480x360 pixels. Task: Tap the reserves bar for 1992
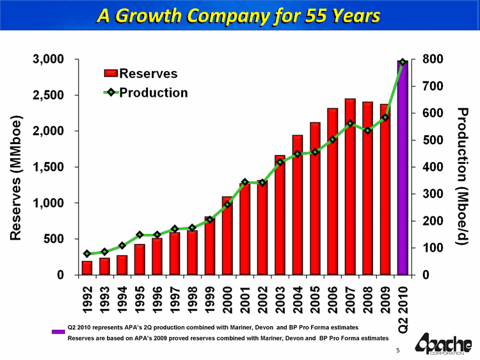pos(87,268)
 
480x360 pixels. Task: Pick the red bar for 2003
pos(280,218)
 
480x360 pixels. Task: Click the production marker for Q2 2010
pos(403,62)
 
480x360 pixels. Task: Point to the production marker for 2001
pos(244,183)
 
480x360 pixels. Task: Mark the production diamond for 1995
pos(140,234)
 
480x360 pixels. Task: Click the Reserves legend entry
pos(144,75)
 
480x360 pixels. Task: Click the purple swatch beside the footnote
pos(58,331)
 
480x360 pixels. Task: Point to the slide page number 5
pos(397,350)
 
